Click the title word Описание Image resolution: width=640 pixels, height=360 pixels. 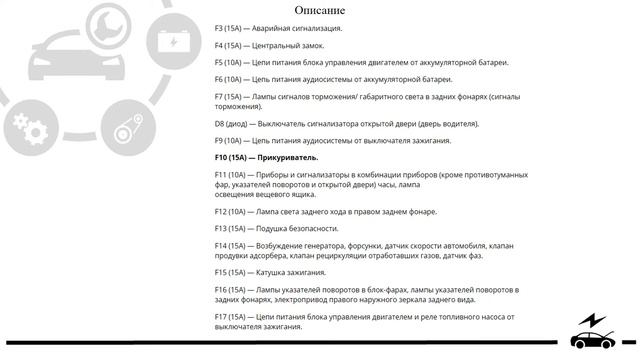tap(327, 10)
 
